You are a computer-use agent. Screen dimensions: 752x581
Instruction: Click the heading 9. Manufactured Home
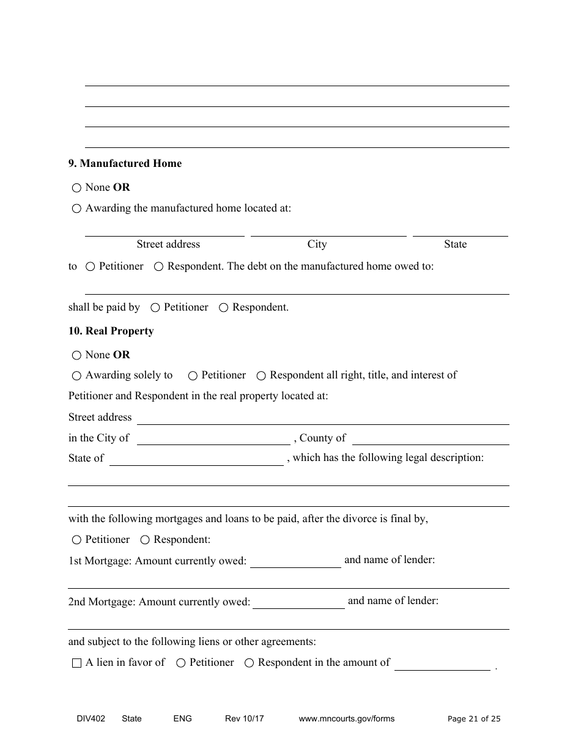[125, 163]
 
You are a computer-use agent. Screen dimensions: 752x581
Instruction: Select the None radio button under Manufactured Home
[76, 188]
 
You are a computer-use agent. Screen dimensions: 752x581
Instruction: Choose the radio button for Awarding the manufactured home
[76, 209]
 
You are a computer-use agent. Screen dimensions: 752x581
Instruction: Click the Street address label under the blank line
[168, 244]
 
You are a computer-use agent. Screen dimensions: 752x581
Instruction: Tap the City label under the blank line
[317, 244]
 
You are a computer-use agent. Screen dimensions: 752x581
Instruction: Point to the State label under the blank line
[455, 244]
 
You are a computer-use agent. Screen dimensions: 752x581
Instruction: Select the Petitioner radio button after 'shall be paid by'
[155, 308]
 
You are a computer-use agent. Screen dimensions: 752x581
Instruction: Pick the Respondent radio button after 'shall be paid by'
[224, 308]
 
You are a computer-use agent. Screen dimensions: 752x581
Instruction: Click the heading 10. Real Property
[111, 331]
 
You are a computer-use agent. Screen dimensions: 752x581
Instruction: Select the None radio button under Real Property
[76, 356]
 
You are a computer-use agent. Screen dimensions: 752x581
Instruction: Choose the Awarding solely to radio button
[76, 376]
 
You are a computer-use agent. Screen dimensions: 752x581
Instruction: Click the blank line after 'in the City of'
[213, 439]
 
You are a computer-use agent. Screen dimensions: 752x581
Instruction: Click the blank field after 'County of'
[431, 439]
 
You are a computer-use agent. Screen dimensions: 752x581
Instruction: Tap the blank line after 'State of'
[196, 460]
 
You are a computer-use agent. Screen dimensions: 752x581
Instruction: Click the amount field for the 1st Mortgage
[295, 562]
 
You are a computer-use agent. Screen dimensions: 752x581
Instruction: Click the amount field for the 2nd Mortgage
[298, 603]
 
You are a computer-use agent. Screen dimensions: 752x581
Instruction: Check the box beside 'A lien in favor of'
[76, 663]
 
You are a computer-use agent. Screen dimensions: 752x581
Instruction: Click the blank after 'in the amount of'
[442, 665]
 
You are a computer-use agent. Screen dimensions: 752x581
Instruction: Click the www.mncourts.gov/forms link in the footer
[346, 718]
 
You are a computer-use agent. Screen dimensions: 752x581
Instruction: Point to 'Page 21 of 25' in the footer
[474, 719]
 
